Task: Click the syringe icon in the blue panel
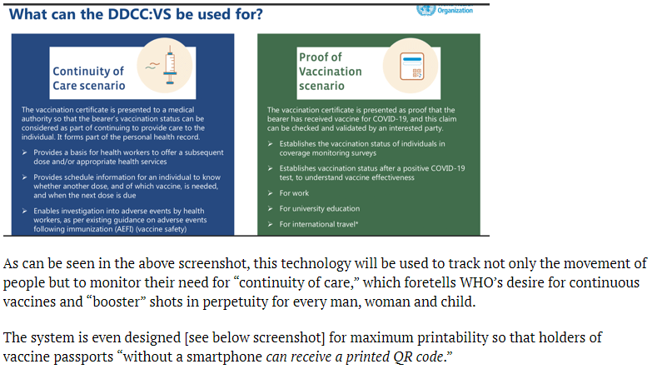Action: tap(170, 65)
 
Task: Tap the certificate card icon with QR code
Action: tap(411, 67)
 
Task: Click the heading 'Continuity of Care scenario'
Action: tap(89, 78)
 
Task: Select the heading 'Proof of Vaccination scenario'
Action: tap(331, 72)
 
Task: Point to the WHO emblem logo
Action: tap(426, 10)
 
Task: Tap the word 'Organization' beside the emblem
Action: tap(455, 11)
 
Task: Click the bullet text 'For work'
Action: tap(294, 193)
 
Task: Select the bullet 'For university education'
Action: tap(320, 208)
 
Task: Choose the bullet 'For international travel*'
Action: tap(319, 224)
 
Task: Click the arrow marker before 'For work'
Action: tap(271, 193)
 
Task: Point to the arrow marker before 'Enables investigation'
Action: tap(25, 211)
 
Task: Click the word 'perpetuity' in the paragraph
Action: tap(236, 302)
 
